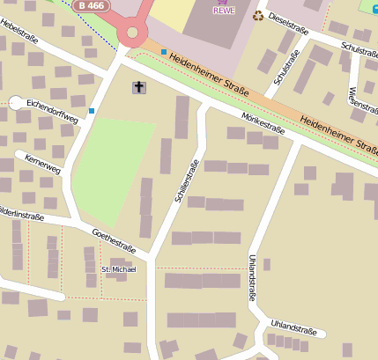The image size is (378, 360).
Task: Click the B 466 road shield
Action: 90,5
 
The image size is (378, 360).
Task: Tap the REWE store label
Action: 225,11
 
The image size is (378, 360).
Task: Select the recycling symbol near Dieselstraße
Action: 258,15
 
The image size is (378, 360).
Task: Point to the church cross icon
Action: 139,87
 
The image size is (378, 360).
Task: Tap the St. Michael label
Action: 119,268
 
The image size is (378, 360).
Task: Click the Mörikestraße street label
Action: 263,123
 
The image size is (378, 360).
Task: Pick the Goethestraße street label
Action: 113,240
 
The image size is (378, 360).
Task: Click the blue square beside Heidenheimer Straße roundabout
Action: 164,52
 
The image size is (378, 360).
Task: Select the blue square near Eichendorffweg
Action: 92,111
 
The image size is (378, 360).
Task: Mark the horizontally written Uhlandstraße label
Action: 293,327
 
